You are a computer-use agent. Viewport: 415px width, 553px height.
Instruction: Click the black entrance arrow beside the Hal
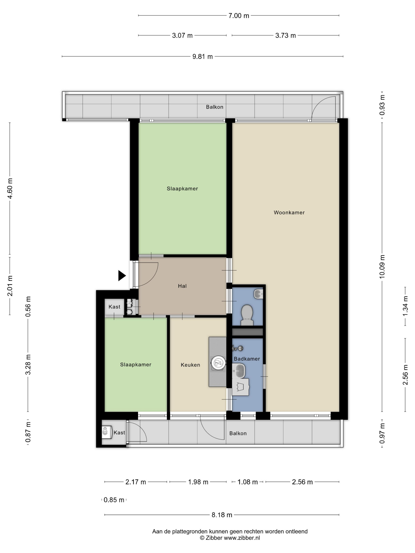coord(122,276)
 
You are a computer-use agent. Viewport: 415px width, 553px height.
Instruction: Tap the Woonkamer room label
coord(289,213)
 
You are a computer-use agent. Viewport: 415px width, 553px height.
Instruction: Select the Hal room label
coord(182,286)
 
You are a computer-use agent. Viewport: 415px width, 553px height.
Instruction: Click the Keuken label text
coord(190,365)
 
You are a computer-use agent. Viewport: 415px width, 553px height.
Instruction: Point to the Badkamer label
coord(247,359)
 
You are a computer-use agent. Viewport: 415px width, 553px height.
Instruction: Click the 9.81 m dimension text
coord(202,57)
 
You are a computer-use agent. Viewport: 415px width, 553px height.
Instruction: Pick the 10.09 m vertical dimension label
coord(382,266)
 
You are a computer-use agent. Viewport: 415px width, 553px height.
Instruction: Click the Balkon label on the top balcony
coord(214,107)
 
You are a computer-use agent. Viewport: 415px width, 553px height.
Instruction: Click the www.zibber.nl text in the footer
coord(242,538)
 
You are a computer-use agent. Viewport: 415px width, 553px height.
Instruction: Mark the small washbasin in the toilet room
coord(258,294)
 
